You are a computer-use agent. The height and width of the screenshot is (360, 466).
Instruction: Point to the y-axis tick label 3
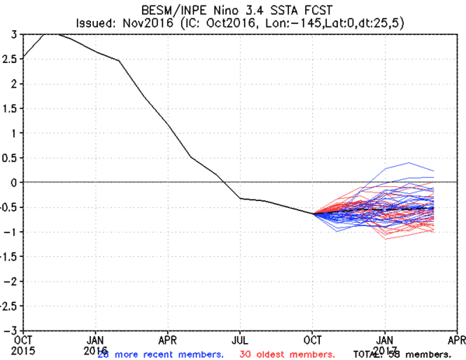(x=14, y=34)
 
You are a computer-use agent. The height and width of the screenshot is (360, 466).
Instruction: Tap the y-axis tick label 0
(x=14, y=182)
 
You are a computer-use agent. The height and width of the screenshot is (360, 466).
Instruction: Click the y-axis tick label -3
(x=11, y=329)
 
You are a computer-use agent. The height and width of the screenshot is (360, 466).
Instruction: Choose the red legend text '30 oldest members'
(x=288, y=354)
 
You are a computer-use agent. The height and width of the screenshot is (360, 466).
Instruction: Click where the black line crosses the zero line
(x=224, y=182)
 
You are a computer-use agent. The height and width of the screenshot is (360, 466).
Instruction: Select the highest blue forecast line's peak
(x=409, y=163)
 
